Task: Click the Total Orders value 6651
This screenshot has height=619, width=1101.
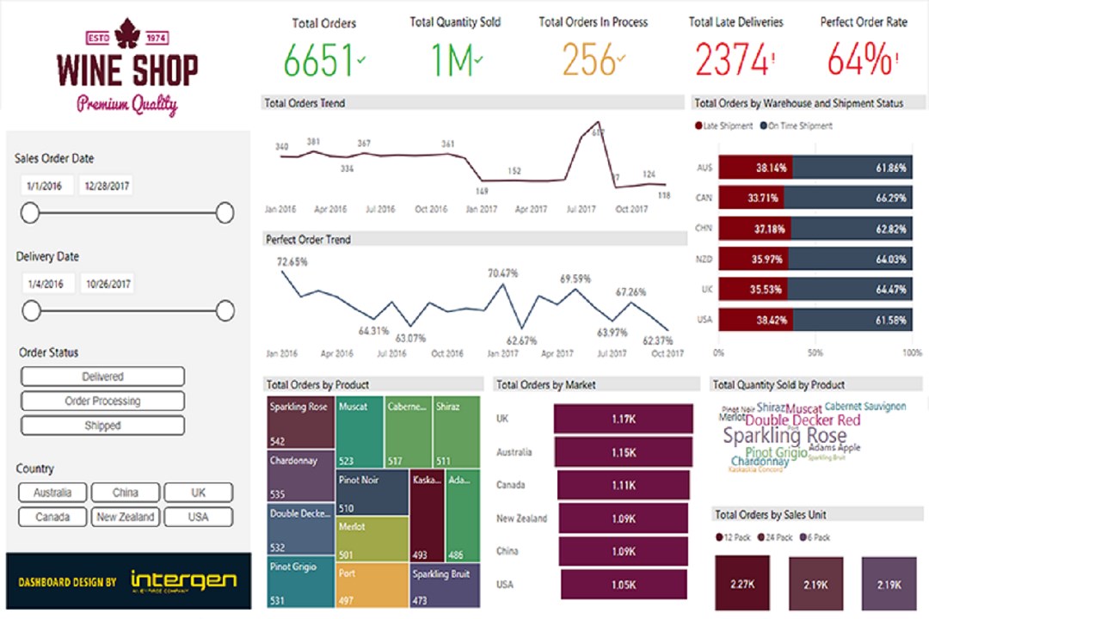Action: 319,61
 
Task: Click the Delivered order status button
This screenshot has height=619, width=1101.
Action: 102,377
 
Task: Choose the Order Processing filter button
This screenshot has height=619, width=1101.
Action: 102,401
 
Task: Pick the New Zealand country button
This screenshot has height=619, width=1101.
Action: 126,517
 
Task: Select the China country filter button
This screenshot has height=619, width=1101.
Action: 126,493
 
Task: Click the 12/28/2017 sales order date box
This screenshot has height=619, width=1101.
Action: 106,186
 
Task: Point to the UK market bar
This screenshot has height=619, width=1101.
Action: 624,419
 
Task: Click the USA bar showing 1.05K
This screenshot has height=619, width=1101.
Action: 624,585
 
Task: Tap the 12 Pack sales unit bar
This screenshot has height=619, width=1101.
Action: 742,584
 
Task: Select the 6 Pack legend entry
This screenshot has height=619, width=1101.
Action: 818,537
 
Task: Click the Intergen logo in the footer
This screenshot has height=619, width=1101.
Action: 183,580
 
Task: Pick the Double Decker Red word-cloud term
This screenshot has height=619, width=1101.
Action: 802,420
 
